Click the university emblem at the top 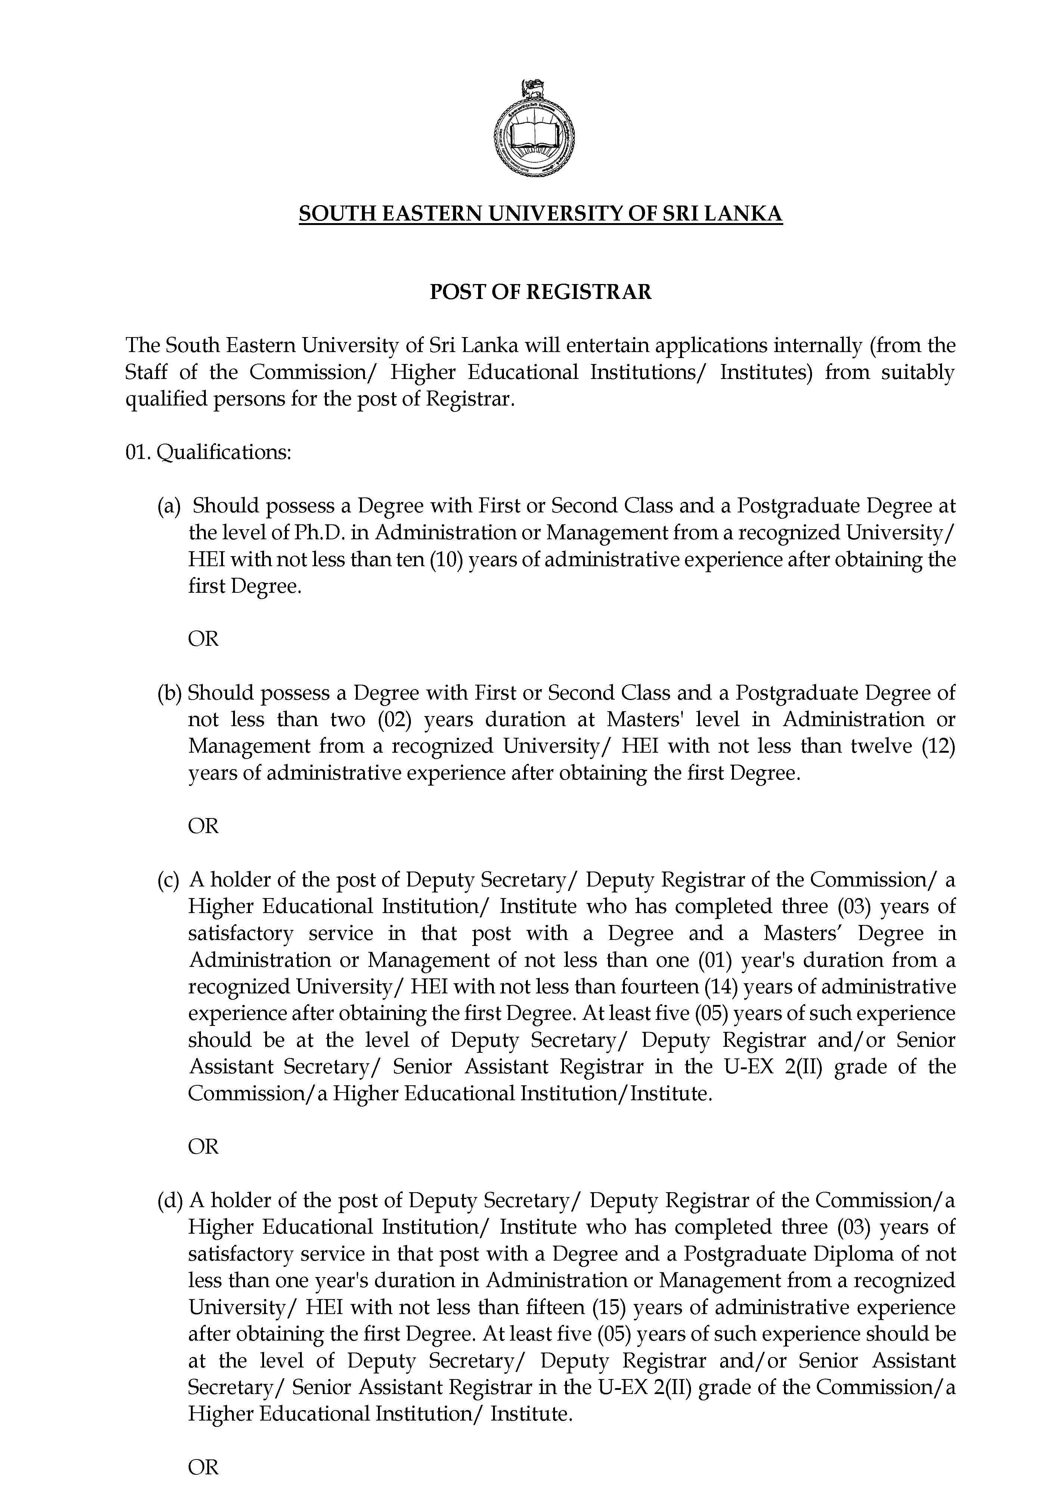[535, 132]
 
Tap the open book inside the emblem [535, 137]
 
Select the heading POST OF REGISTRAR [540, 292]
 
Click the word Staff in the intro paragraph [146, 372]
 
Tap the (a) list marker [168, 506]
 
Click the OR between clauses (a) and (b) [203, 639]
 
